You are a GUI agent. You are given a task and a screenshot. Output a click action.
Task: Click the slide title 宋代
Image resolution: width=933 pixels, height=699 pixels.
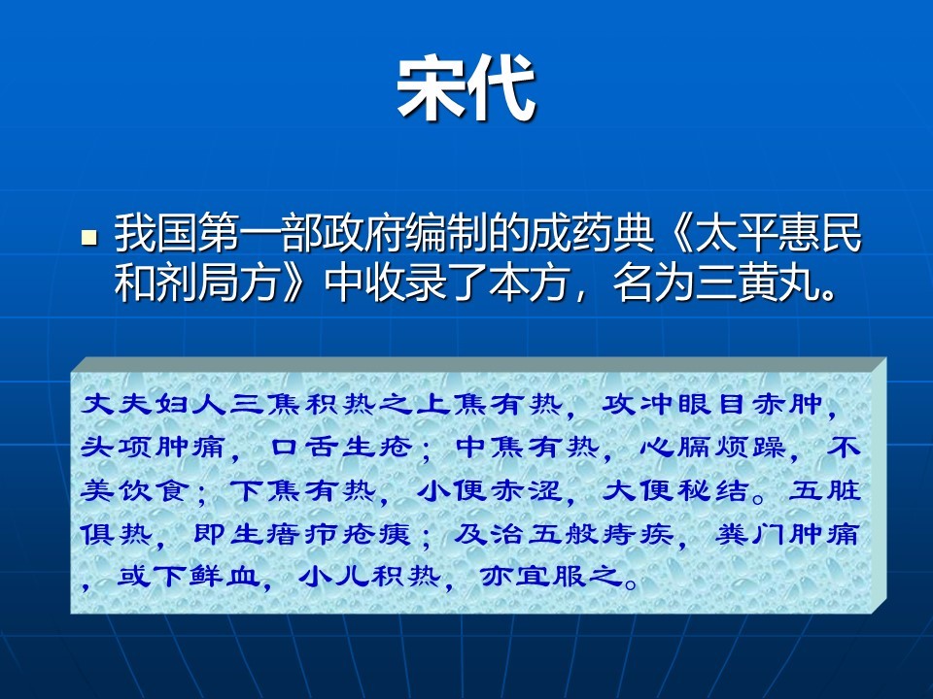click(x=466, y=88)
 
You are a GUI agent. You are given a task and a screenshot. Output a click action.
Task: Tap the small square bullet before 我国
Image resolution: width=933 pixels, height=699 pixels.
click(x=89, y=238)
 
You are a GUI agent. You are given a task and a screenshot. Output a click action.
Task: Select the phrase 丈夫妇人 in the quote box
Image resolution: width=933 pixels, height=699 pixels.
click(x=154, y=404)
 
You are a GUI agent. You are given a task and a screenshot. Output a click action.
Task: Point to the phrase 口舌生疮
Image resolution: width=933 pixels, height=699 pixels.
click(x=341, y=447)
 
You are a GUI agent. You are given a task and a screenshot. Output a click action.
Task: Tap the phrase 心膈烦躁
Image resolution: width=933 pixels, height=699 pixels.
click(x=712, y=447)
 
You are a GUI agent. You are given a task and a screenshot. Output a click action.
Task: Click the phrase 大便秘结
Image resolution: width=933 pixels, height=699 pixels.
click(x=675, y=490)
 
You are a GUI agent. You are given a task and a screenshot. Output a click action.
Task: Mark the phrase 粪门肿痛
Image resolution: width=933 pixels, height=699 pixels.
click(x=786, y=534)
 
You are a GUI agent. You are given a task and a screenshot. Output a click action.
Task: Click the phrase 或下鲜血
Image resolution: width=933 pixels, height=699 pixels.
click(x=190, y=576)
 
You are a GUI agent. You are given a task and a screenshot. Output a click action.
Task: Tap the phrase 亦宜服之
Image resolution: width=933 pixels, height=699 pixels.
click(x=552, y=576)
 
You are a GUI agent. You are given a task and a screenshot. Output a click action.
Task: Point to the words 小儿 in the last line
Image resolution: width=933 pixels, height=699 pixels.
click(x=334, y=576)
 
